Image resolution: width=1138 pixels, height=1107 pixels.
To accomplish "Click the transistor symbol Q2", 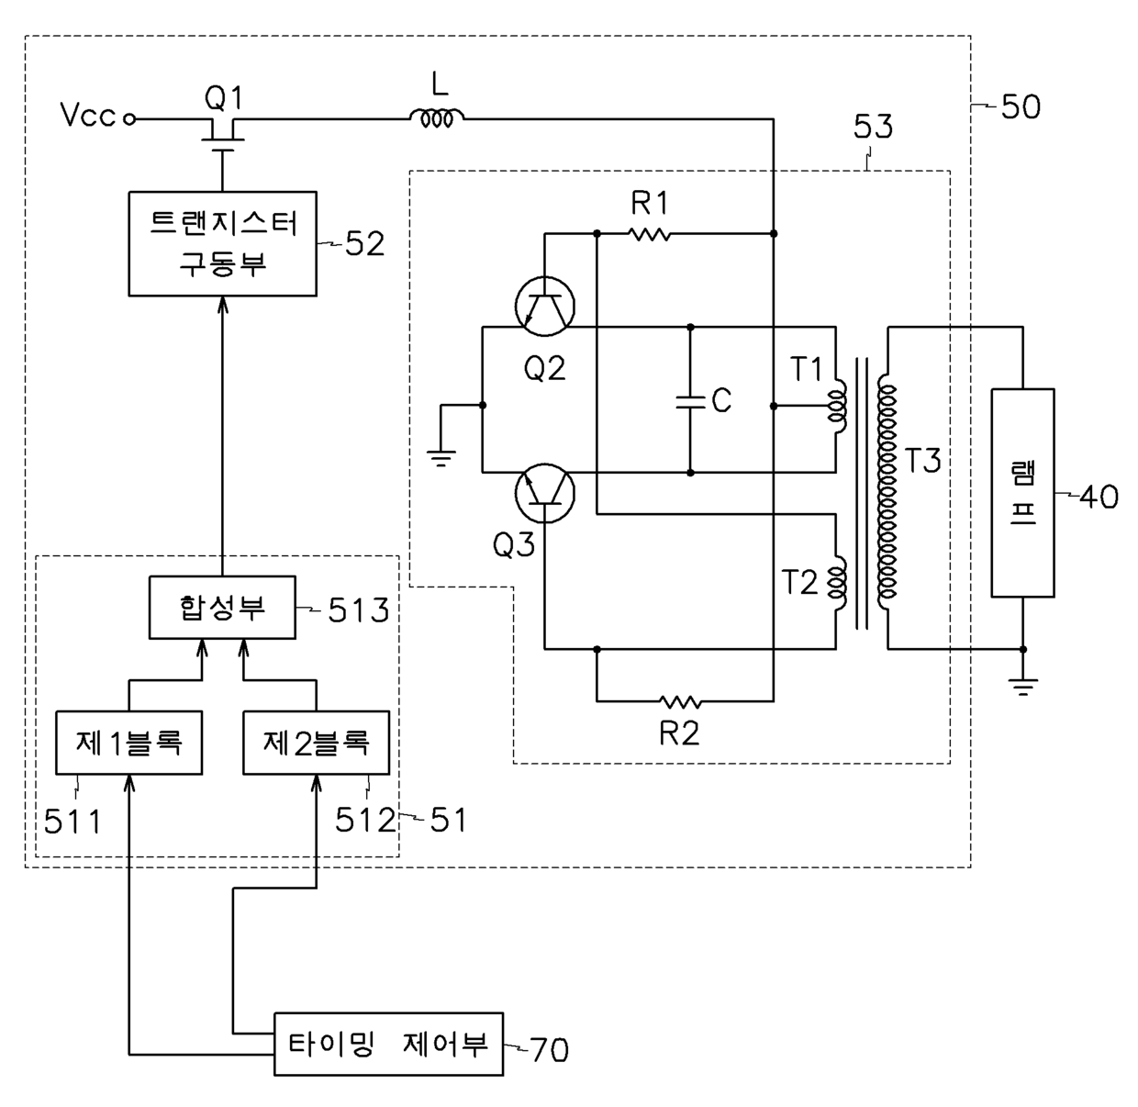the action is tap(545, 307).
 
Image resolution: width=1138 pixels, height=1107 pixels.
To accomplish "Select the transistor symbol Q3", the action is tap(545, 493).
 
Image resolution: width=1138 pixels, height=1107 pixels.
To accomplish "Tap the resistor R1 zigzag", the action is tap(650, 234).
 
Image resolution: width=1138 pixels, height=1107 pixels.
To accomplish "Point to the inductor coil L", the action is tap(436, 118).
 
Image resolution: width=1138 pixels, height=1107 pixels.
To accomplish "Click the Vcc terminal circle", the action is tap(129, 119).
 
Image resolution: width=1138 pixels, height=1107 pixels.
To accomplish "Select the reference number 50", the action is tap(1021, 107).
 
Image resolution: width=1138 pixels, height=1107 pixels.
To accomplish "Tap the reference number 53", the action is tap(873, 127).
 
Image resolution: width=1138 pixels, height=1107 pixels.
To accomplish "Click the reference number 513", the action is tap(359, 610).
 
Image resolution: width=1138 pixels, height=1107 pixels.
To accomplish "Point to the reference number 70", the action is tap(549, 1050).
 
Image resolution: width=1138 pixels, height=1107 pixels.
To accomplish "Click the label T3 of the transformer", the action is tap(922, 460).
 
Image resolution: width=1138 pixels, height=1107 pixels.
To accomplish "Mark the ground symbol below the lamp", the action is tap(1022, 686).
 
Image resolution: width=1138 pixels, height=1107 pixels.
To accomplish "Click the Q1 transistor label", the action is tap(223, 97).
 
